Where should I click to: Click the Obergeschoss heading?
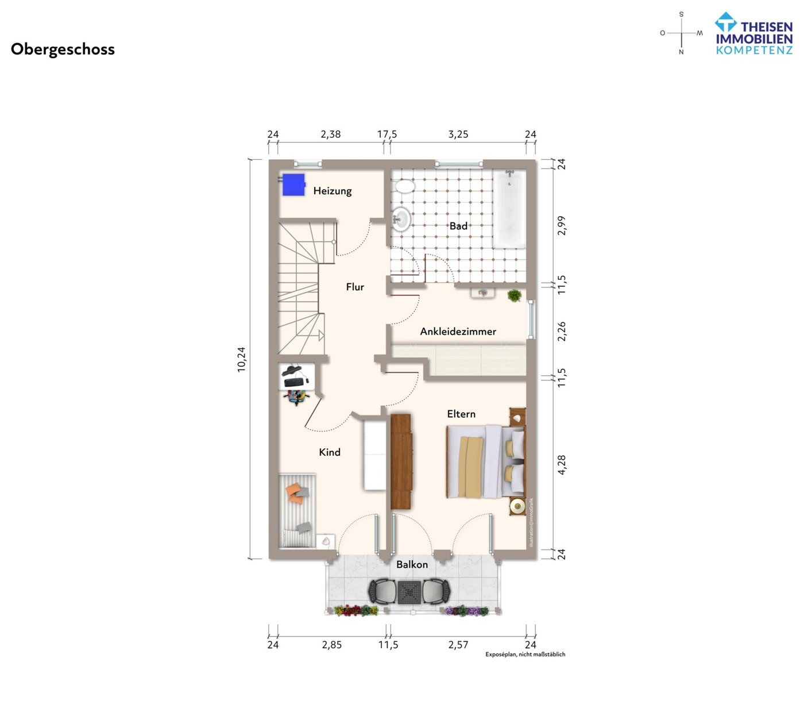[x=63, y=49]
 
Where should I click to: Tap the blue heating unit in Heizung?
[x=293, y=184]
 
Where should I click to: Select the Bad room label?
[x=458, y=226]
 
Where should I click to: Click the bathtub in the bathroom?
[x=509, y=209]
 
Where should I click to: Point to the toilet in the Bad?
[x=404, y=186]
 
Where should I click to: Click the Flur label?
[x=355, y=287]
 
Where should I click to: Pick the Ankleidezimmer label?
[x=458, y=331]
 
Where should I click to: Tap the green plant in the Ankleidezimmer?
[x=515, y=295]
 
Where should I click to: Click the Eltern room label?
[x=461, y=414]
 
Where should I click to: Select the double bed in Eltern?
[x=486, y=461]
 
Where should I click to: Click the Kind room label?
[x=330, y=452]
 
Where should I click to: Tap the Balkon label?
[x=412, y=564]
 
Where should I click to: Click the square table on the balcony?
[x=409, y=592]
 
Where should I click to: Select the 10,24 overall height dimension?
[x=242, y=359]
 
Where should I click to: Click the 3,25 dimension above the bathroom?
[x=458, y=134]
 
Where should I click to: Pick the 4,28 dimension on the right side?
[x=562, y=465]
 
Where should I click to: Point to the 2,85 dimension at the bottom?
[x=332, y=645]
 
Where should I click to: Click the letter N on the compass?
[x=681, y=52]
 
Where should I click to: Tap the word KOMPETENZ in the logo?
[x=755, y=51]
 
